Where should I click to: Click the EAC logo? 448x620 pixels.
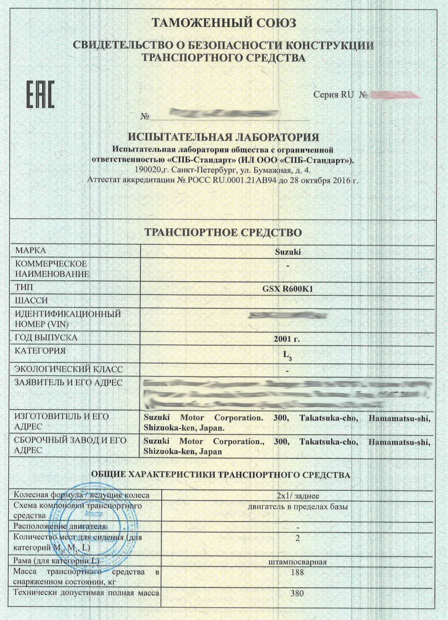41,95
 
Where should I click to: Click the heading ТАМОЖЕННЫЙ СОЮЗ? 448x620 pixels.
224,23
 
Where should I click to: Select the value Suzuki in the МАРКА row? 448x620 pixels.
288,252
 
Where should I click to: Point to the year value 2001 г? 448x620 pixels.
286,339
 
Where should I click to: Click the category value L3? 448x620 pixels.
287,355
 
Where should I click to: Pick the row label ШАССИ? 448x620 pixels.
31,300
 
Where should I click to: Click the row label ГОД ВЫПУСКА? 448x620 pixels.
46,337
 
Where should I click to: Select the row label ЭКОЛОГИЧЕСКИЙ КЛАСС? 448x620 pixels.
69,369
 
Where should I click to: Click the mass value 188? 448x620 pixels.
297,572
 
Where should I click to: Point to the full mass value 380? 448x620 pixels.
297,593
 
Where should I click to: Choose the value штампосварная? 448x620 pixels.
297,562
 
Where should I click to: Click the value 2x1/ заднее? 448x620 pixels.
298,496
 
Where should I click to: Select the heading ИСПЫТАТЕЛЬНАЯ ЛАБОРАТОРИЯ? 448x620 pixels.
224,137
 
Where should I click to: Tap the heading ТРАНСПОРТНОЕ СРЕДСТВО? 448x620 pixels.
223,232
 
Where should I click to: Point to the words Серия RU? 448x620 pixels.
333,95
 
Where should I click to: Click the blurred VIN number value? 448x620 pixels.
288,316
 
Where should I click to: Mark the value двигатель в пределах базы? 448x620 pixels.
298,506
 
